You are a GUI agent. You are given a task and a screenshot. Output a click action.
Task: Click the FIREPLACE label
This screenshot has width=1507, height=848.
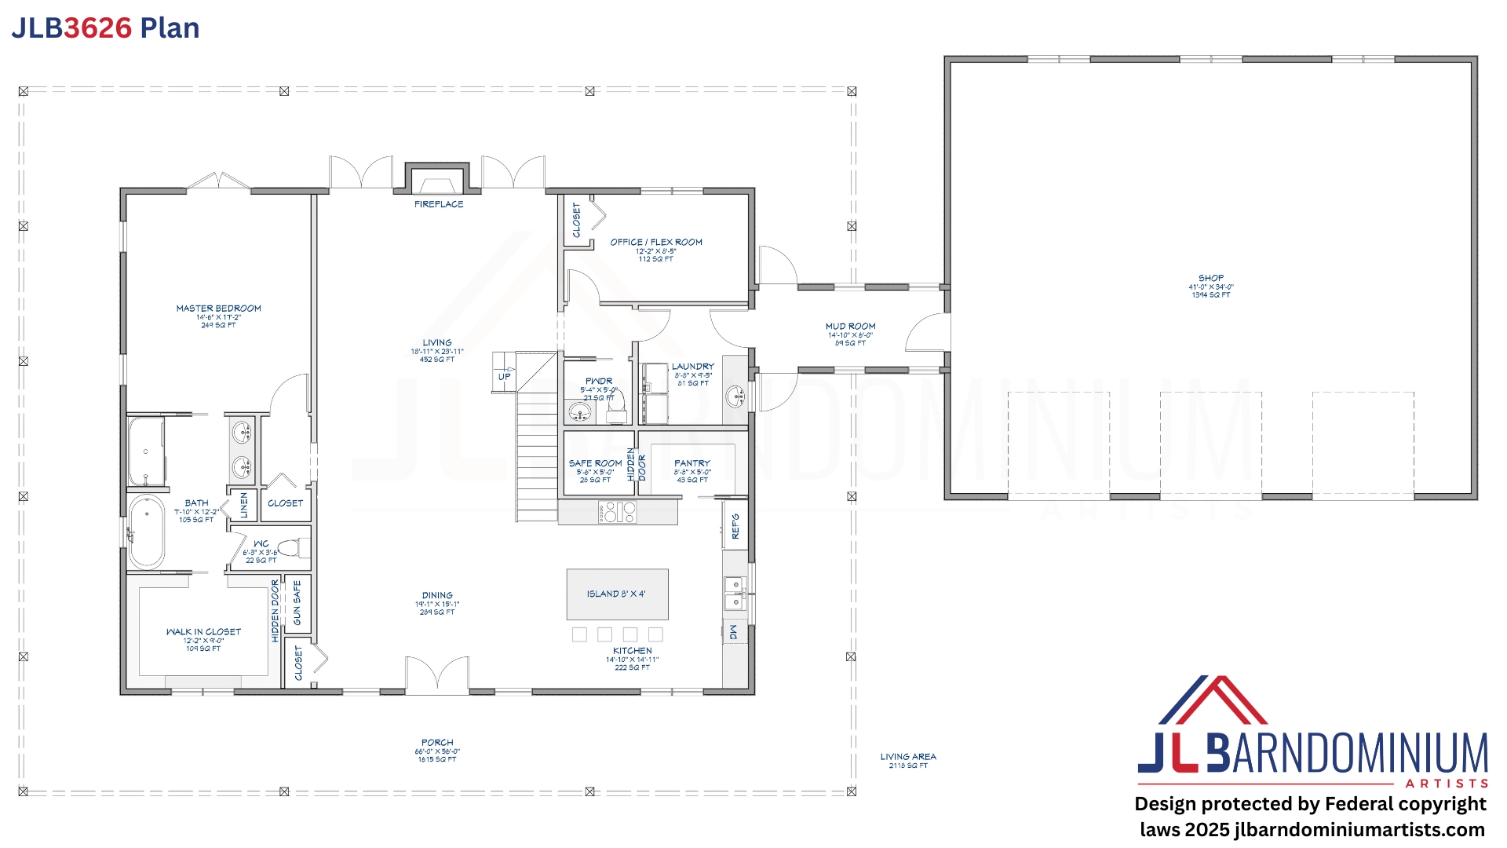439,204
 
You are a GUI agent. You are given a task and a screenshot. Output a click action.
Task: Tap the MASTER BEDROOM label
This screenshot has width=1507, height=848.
218,309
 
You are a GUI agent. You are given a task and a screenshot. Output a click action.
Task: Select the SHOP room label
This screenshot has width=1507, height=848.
1210,278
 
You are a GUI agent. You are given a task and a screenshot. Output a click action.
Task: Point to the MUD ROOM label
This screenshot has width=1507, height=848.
850,326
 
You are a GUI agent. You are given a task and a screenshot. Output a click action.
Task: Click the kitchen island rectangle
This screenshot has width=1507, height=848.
617,594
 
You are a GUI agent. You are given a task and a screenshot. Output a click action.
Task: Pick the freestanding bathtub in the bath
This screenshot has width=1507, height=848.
146,531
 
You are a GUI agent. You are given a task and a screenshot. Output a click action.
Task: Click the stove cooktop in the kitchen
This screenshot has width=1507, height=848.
617,513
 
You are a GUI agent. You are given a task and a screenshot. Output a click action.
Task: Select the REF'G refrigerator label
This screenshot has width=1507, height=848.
735,527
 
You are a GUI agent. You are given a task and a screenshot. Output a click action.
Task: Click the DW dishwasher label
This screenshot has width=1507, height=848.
734,631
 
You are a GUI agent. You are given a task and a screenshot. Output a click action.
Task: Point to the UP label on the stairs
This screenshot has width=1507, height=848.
504,377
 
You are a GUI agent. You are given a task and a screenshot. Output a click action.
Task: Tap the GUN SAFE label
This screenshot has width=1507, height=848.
297,603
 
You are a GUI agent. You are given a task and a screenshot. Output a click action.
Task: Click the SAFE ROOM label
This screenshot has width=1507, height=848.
595,463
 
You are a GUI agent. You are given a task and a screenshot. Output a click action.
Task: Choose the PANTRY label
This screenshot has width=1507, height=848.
691,463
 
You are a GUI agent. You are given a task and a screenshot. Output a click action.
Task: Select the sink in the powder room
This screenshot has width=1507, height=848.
580,411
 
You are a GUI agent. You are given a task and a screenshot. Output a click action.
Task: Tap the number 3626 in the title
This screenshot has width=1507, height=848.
97,28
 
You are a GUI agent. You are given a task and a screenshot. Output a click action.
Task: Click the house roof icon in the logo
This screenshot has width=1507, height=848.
1213,700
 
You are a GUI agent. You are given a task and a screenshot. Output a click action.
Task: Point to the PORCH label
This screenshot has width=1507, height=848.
437,742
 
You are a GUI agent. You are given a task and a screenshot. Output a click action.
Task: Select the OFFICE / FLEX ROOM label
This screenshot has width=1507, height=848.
656,242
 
